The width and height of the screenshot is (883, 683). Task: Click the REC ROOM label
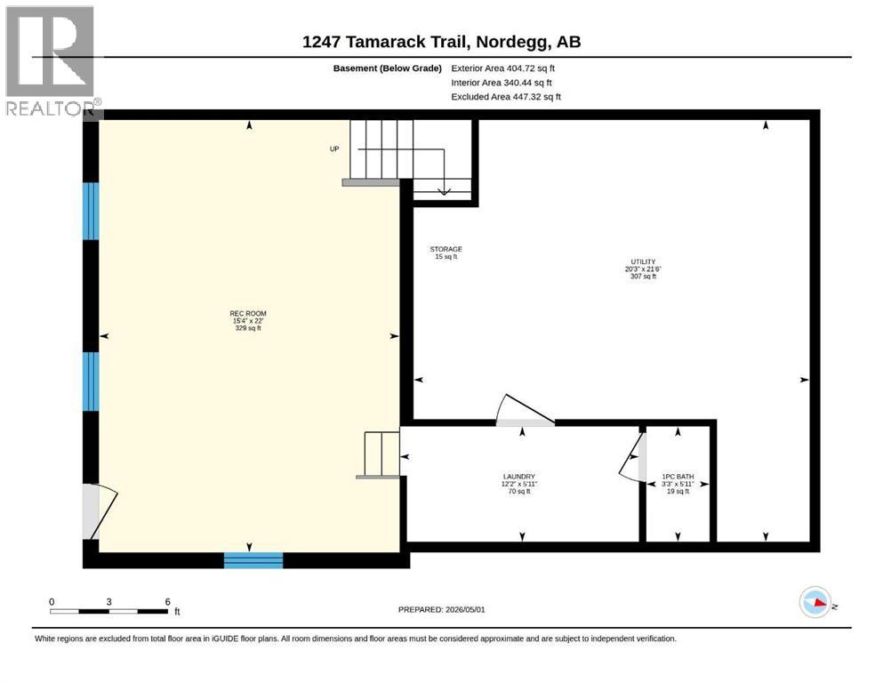(x=248, y=314)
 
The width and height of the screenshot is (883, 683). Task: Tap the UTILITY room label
(x=643, y=261)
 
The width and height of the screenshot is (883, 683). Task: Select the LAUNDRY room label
(x=518, y=477)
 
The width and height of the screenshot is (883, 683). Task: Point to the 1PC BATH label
(x=678, y=477)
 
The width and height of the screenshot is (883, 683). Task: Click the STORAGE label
(x=446, y=249)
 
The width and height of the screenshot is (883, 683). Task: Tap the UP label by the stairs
(x=334, y=149)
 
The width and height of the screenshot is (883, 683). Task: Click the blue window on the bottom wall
(x=253, y=560)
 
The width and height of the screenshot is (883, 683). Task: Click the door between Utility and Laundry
(x=525, y=411)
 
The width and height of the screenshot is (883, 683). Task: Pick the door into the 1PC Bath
(x=633, y=457)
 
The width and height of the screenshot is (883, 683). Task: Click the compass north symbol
(x=815, y=602)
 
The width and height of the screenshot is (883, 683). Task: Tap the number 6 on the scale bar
(x=168, y=602)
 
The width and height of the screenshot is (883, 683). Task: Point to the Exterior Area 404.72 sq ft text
(x=503, y=68)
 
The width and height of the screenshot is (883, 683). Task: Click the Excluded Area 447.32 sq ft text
(x=506, y=97)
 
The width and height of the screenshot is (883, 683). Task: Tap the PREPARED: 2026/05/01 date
(x=441, y=609)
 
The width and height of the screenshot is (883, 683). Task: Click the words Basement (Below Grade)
(x=388, y=68)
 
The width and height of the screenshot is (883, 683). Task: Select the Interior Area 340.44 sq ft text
(x=502, y=83)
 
